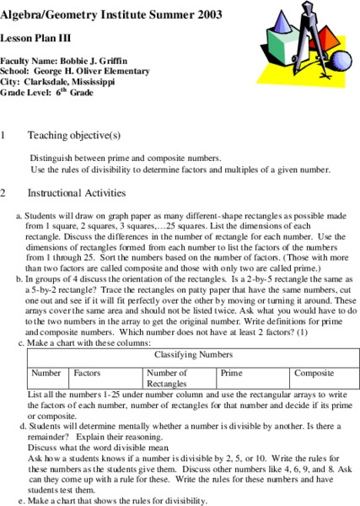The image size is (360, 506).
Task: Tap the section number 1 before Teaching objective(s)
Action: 5,136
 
